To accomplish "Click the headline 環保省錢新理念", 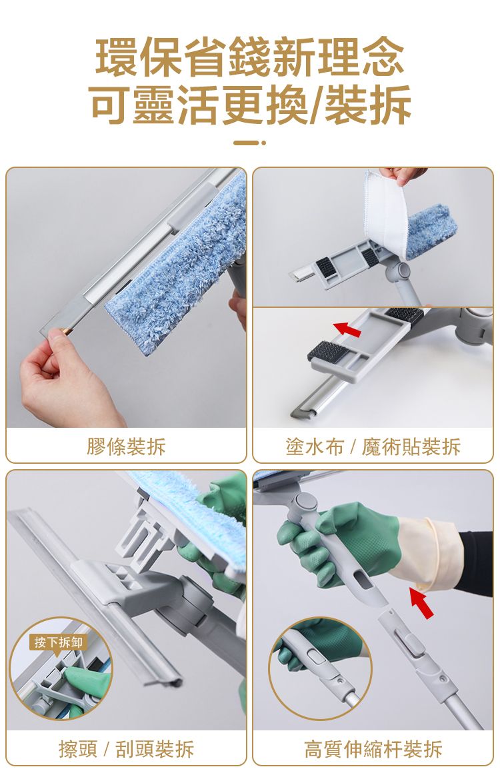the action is (249, 57).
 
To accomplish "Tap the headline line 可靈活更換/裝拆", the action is (251, 105).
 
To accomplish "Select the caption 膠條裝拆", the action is (126, 446).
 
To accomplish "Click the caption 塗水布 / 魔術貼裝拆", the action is (373, 446).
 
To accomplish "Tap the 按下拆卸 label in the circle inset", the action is (59, 642).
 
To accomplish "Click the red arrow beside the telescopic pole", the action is (421, 603).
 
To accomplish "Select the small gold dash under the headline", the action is (250, 143).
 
